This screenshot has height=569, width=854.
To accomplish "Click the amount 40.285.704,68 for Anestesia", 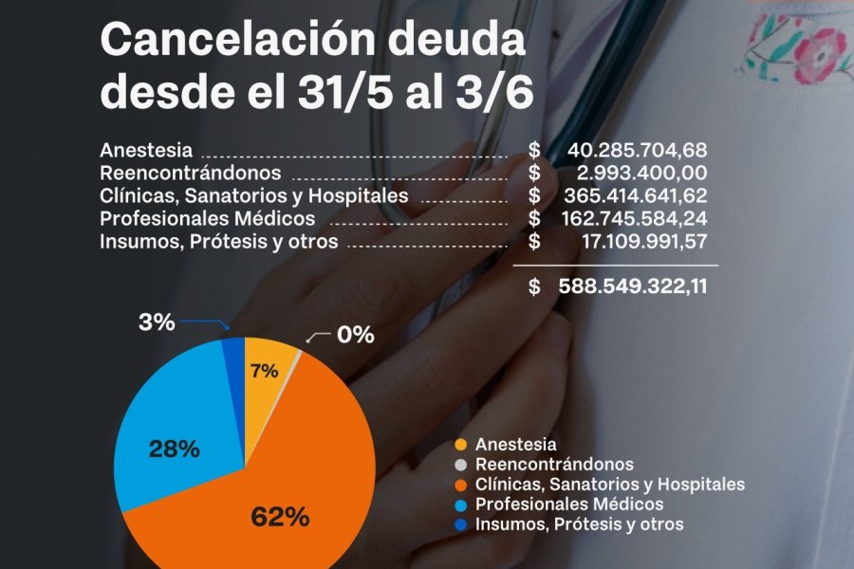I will coord(637,150).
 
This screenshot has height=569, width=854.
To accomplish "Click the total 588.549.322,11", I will coord(633,285).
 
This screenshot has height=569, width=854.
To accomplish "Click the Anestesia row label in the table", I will coord(146,150).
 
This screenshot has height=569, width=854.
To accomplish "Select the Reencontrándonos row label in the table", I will coord(191,173).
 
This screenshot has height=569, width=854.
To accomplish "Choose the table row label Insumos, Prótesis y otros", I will coord(218,241).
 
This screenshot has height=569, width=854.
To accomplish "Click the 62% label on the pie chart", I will coord(280,517).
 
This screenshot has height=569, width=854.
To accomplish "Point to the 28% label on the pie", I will coord(174,450).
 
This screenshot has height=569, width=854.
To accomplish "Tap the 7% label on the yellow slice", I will coord(265,371).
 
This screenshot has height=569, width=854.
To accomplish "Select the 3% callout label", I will coord(157,322).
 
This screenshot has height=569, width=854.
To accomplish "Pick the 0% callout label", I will coord(355,335).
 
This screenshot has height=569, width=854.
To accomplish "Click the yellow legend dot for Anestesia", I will coord(461,445).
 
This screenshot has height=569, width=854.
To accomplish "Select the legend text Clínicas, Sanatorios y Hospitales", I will coord(609,485).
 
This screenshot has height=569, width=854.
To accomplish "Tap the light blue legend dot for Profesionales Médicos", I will coord(461,505).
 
